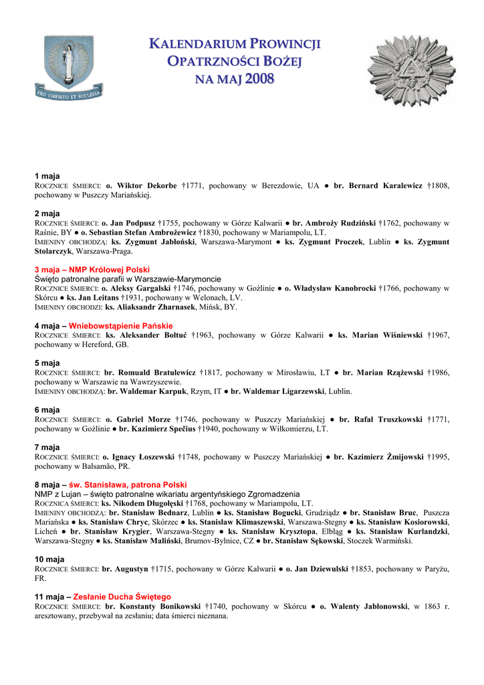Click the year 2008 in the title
(259, 80)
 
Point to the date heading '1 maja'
(47, 176)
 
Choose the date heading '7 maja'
(47, 448)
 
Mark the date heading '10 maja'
(49, 559)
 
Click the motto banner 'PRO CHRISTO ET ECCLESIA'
(69, 94)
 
